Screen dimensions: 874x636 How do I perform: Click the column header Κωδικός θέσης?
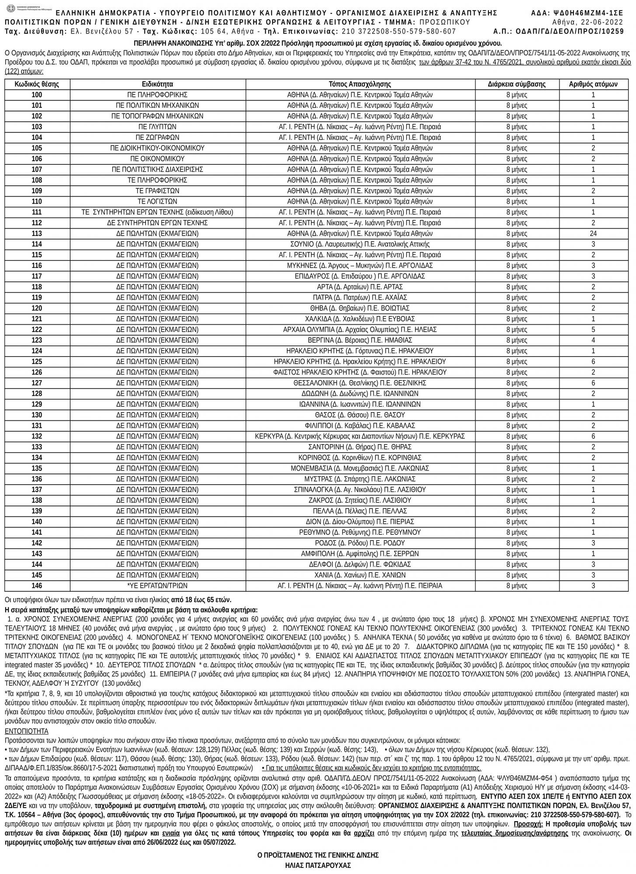[37, 84]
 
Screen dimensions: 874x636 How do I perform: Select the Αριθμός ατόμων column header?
[593, 84]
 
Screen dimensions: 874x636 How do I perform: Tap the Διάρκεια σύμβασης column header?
[517, 84]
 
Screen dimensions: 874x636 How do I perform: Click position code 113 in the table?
[37, 233]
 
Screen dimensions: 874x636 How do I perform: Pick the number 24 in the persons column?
[593, 233]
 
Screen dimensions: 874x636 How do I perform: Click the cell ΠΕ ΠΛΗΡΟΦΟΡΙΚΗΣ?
[157, 95]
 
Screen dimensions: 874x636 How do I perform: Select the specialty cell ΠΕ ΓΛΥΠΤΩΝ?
[157, 127]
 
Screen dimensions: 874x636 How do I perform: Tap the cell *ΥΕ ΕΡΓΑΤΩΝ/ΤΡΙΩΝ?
[157, 586]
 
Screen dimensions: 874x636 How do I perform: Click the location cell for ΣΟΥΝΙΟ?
[360, 244]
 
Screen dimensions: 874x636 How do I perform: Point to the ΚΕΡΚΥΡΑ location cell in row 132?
[360, 436]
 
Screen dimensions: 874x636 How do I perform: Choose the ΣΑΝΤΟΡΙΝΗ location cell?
[360, 447]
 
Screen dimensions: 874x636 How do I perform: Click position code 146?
[37, 586]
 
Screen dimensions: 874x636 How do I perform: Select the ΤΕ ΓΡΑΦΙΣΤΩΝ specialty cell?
[157, 191]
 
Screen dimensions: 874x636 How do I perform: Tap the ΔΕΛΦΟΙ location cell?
[360, 564]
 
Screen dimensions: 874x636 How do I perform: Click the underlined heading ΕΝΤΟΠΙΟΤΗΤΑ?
[26, 731]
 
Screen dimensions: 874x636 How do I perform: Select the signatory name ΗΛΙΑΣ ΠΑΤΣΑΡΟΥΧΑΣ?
[318, 865]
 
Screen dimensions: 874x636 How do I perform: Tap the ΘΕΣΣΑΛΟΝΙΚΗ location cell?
[360, 383]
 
